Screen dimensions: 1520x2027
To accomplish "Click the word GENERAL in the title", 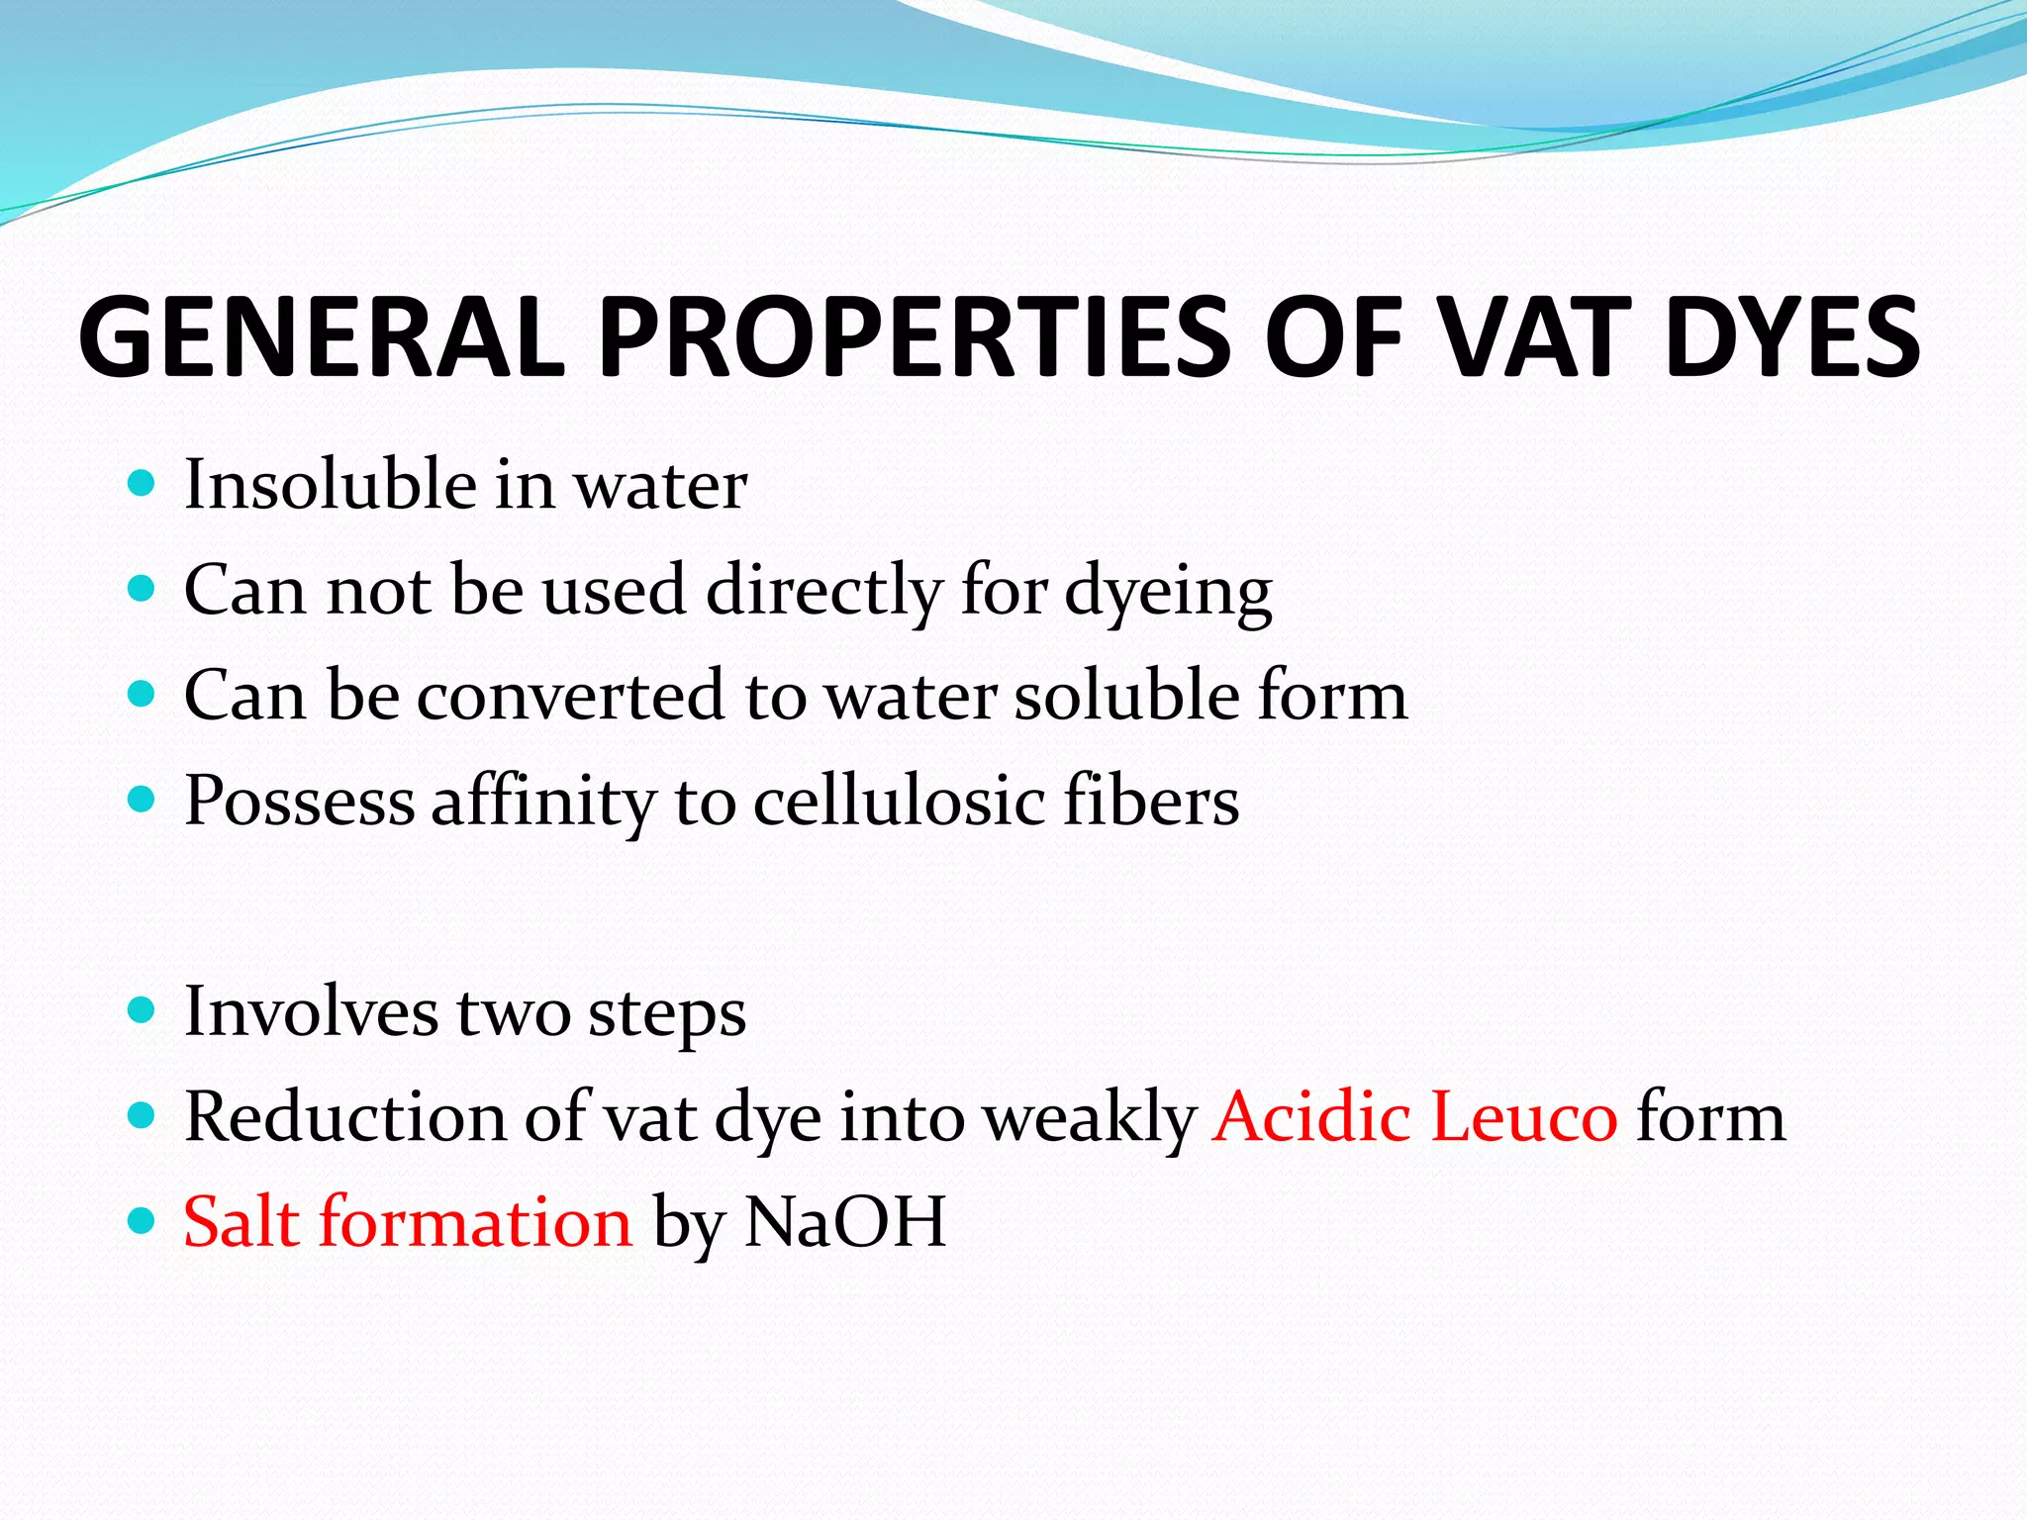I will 322,337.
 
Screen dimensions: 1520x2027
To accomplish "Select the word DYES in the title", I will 1792,337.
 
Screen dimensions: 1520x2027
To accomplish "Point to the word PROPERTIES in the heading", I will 915,337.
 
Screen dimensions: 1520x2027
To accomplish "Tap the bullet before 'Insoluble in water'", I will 143,484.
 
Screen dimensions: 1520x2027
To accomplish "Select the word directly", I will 823,591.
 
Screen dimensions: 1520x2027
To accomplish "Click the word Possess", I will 299,801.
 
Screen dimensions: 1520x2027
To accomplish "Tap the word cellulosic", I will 899,801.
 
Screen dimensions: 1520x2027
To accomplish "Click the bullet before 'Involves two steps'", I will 143,1010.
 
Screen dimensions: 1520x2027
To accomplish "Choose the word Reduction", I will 344,1117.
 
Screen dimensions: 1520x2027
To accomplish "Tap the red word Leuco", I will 1524,1117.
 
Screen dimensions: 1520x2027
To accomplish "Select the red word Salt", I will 241,1222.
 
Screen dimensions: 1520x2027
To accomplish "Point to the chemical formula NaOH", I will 845,1222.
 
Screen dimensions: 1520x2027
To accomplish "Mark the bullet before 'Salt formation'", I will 143,1221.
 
